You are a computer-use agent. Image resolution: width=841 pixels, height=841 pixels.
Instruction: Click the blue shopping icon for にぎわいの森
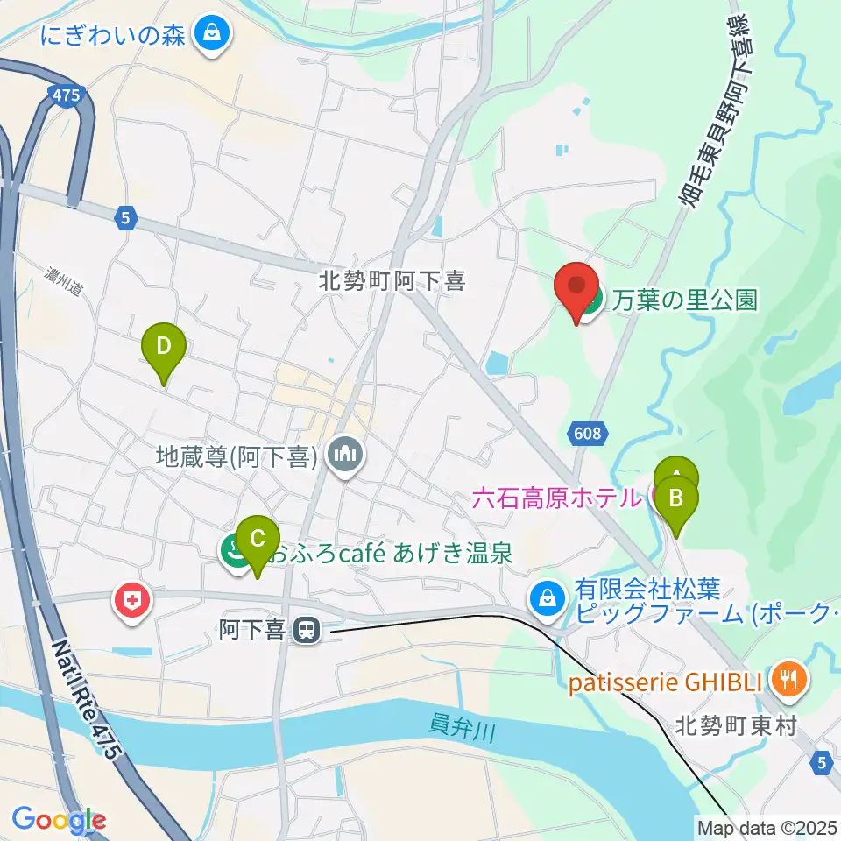tap(211, 35)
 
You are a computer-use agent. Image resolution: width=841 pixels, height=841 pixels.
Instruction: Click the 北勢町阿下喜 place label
tap(392, 281)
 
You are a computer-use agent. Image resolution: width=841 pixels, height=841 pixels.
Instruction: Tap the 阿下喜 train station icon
tap(305, 629)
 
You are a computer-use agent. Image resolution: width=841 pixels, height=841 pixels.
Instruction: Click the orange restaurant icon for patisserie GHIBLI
tap(789, 678)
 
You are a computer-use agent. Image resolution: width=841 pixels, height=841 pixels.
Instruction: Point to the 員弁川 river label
tap(462, 726)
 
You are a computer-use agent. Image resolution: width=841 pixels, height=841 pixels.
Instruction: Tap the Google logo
tap(59, 821)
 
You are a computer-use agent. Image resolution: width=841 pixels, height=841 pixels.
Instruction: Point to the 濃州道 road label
tap(64, 286)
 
